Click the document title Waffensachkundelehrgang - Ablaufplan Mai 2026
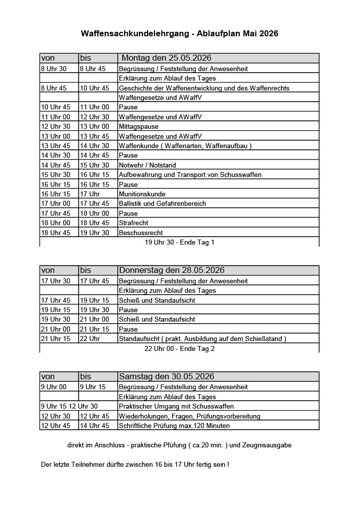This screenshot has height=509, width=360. tap(180, 34)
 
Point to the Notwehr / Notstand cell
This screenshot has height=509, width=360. tap(147, 165)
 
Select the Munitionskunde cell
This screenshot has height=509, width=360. tap(142, 194)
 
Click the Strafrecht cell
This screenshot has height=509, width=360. tap(134, 223)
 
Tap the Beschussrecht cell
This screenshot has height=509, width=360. tap(141, 233)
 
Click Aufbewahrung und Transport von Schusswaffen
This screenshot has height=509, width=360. tap(190, 174)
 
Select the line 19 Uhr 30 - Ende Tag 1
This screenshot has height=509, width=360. tap(180, 242)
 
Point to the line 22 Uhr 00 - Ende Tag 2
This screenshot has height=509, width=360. tap(180, 348)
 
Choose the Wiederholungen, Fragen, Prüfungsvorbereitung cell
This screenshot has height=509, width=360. tap(189, 416)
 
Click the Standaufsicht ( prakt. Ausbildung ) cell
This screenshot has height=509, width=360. tap(202, 339)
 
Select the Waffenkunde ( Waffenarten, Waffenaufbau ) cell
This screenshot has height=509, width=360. tap(185, 146)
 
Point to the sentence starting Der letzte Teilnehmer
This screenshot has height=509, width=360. tap(135, 464)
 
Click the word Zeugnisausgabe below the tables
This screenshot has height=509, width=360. tap(268, 445)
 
